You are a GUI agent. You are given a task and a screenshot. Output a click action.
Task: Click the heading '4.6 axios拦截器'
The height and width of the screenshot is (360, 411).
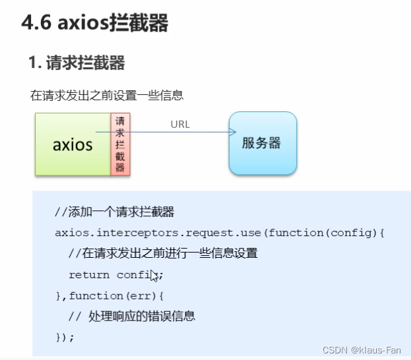(x=94, y=24)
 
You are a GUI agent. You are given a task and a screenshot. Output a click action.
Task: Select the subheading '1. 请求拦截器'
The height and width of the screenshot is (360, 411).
(x=77, y=63)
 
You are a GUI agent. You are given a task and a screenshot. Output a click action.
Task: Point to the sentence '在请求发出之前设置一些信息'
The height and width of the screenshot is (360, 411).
(x=106, y=96)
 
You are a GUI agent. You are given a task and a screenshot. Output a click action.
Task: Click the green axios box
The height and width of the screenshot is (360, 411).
(x=73, y=144)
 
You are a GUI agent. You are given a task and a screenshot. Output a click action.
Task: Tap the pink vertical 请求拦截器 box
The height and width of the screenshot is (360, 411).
(x=120, y=144)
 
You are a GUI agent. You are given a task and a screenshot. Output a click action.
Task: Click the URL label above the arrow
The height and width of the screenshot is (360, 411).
(x=179, y=124)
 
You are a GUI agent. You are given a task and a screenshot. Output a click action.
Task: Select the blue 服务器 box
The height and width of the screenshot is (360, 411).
(x=262, y=143)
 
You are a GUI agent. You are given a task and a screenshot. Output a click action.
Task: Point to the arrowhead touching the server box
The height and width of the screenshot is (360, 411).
(x=233, y=133)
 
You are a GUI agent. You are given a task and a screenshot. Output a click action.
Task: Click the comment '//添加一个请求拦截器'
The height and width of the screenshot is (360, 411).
(x=114, y=212)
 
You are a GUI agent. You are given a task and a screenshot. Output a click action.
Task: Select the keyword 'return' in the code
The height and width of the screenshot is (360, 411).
(x=89, y=274)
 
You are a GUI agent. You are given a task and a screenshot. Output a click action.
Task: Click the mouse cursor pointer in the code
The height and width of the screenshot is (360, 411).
(x=154, y=276)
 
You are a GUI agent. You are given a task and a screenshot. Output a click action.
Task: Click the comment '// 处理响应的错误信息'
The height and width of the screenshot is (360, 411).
(x=132, y=316)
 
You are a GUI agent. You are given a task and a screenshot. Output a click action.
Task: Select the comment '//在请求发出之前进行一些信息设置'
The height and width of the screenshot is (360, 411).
(x=162, y=254)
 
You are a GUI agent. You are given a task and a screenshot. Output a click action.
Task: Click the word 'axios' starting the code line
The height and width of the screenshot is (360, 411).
(x=70, y=233)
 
